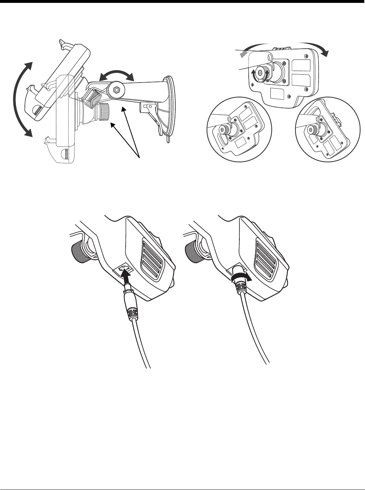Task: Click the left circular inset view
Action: pyautogui.click(x=238, y=129)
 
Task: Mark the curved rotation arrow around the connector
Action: pyautogui.click(x=239, y=278)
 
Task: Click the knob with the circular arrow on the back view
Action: pyautogui.click(x=265, y=72)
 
